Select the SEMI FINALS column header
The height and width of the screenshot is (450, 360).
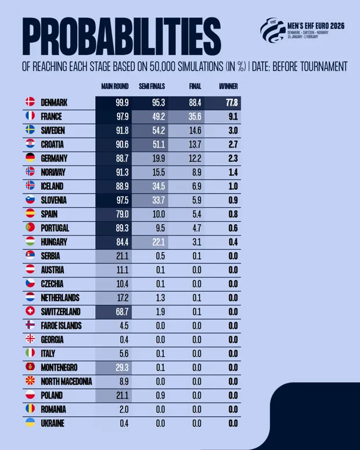tap(152, 87)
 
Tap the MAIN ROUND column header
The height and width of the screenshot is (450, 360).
tap(114, 87)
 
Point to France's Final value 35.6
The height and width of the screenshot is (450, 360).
tap(195, 117)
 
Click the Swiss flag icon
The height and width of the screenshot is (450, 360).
tap(30, 312)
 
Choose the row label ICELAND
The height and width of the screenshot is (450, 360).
tap(52, 186)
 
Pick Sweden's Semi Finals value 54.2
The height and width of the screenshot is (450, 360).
tap(158, 131)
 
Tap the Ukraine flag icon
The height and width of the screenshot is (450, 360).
tap(30, 423)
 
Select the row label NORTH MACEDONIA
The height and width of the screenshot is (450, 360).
tap(66, 381)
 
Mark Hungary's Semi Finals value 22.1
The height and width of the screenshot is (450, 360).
tap(158, 242)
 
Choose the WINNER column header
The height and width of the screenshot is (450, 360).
tap(228, 87)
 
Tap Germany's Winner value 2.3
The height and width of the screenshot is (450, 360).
tap(233, 159)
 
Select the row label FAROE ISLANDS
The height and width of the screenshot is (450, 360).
tap(61, 326)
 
